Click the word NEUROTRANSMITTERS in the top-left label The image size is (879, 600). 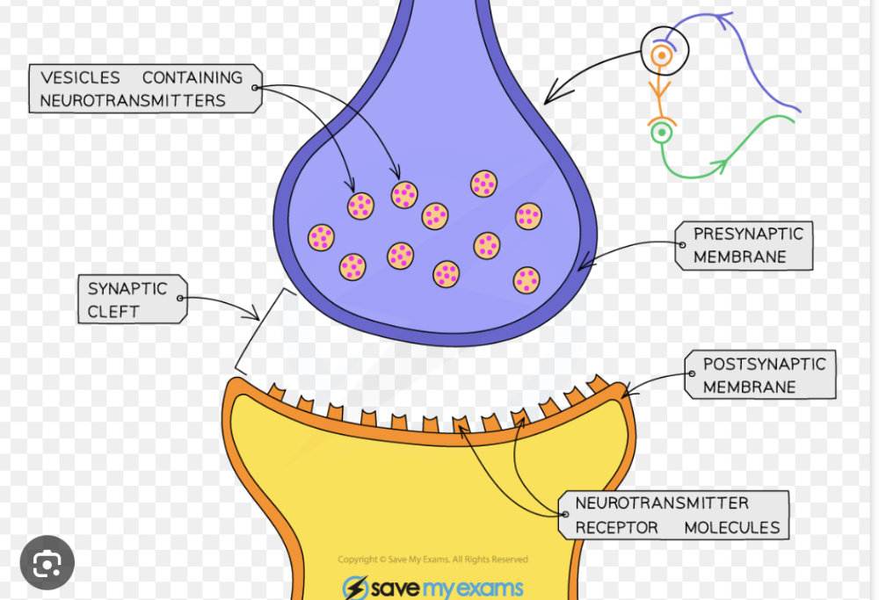click(x=133, y=101)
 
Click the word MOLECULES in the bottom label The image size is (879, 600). click(x=731, y=528)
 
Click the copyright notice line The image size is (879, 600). click(x=432, y=560)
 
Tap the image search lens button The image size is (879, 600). click(x=47, y=562)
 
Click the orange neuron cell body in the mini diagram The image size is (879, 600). click(x=662, y=57)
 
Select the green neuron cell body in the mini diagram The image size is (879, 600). click(x=661, y=134)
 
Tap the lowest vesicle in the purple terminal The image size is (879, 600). click(x=527, y=280)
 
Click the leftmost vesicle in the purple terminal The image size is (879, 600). click(x=321, y=237)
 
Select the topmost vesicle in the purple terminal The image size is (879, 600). click(x=483, y=184)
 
